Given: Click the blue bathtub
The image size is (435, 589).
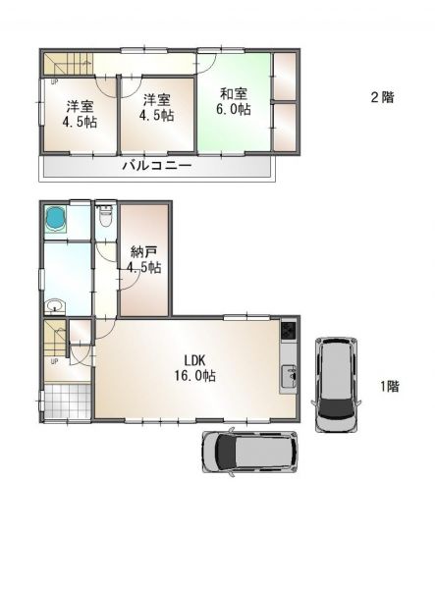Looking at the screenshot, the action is click(56, 219).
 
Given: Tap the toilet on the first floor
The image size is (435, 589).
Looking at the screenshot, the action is click(104, 216).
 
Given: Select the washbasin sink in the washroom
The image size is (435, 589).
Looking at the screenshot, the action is click(55, 306).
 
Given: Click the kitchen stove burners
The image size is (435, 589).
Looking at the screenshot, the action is click(289, 331).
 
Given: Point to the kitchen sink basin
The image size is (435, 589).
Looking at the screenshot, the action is click(289, 376).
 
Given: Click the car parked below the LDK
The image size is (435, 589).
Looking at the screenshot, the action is click(249, 453).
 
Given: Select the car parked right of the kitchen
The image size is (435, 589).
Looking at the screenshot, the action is click(336, 384).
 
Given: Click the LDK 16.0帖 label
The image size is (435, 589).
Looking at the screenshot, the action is click(194, 368).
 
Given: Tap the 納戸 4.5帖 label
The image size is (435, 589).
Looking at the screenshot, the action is click(144, 259).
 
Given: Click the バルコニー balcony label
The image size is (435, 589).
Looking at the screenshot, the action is click(157, 165).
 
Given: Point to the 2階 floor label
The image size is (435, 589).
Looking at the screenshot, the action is click(382, 97).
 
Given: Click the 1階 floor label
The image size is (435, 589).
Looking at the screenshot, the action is click(390, 386).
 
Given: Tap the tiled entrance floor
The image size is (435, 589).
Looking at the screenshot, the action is click(68, 401).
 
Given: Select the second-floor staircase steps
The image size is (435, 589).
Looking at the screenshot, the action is click(68, 64).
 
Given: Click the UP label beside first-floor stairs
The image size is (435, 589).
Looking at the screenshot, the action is click(54, 362).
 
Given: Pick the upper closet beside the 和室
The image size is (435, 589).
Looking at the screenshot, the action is click(285, 77).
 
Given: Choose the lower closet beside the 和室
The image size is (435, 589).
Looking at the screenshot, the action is click(285, 127).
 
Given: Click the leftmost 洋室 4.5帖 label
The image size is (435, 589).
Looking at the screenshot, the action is click(80, 115).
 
